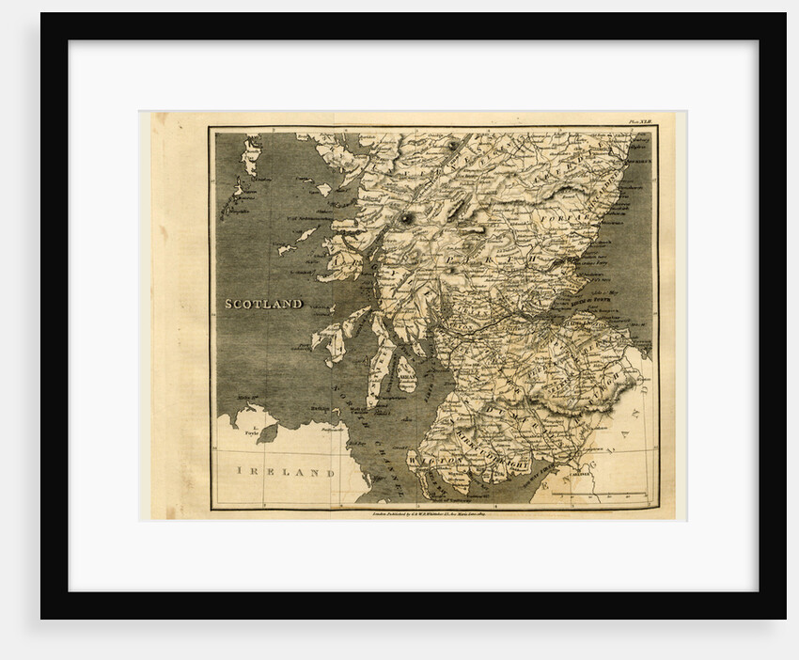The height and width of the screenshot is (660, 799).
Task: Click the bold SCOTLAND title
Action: click(x=263, y=304)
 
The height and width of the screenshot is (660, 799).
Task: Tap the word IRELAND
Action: click(x=285, y=471)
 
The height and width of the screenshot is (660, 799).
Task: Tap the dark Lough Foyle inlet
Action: click(x=267, y=433)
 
